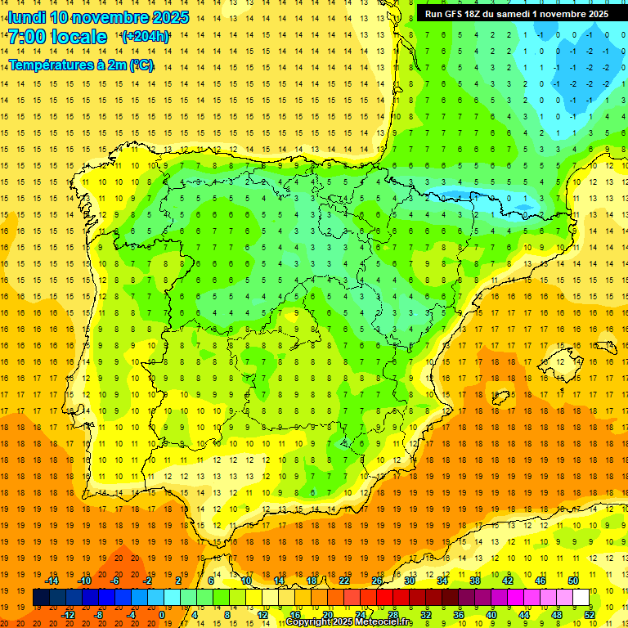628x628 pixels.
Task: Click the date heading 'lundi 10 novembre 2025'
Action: click(98, 17)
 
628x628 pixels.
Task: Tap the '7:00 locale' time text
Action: click(57, 37)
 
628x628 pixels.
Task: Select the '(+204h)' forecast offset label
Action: click(146, 37)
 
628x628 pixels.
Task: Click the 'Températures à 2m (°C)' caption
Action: click(81, 65)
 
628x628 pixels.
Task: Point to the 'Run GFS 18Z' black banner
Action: click(516, 14)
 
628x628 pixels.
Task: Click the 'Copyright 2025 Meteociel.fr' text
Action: click(349, 622)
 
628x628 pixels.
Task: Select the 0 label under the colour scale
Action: click(161, 615)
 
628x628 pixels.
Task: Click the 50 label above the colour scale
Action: click(573, 581)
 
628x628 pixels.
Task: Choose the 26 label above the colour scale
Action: click(377, 581)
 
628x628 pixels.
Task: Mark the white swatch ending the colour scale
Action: click(581, 598)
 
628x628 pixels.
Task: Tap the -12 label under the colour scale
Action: click(69, 615)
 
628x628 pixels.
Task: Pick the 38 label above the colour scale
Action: click(475, 581)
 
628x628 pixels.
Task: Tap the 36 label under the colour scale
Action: click(459, 615)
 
